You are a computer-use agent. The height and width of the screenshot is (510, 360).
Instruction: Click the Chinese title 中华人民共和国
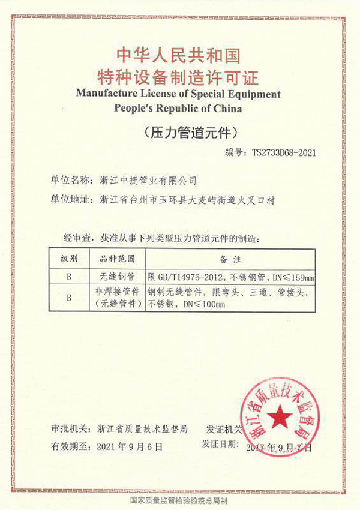click(x=179, y=56)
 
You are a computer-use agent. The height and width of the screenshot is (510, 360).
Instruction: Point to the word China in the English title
click(x=227, y=109)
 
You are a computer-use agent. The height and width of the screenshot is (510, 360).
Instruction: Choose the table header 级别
click(x=69, y=260)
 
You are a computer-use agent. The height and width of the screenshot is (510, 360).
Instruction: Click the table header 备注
click(x=230, y=260)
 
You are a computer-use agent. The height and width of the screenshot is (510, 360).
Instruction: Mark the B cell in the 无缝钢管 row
click(x=69, y=277)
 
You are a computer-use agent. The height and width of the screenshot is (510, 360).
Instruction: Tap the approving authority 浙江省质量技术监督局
click(x=143, y=429)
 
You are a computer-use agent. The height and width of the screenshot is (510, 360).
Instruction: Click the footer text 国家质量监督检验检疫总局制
click(x=178, y=499)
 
